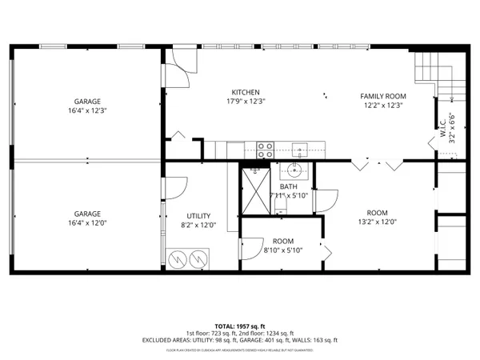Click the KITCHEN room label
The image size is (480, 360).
pyautogui.click(x=245, y=92)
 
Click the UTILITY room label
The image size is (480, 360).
pyautogui.click(x=198, y=216)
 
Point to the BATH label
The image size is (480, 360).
pyautogui.click(x=288, y=187)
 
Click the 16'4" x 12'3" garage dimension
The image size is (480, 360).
pyautogui.click(x=87, y=111)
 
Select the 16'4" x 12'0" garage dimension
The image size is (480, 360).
pyautogui.click(x=87, y=225)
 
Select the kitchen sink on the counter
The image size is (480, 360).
pyautogui.click(x=300, y=148)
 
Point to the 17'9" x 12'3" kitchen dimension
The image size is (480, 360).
pyautogui.click(x=245, y=102)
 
